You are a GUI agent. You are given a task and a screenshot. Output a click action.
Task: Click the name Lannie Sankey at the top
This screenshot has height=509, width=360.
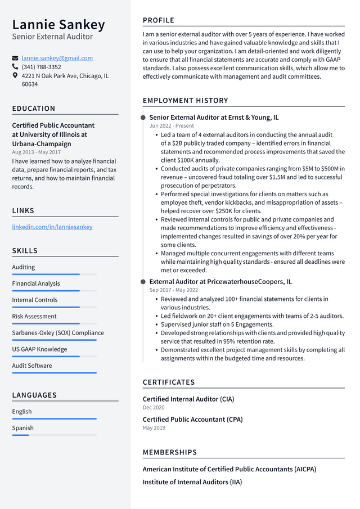(x=58, y=25)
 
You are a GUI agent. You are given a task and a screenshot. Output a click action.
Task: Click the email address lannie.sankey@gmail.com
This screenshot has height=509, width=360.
(x=57, y=58)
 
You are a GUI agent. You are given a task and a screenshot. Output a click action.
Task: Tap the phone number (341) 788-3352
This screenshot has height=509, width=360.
(x=41, y=67)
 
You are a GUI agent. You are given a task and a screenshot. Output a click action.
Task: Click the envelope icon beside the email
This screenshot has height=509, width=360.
(x=15, y=58)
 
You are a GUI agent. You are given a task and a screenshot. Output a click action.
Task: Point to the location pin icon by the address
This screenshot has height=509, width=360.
(x=15, y=75)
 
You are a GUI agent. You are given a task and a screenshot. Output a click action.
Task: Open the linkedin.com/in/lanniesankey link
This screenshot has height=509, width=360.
(x=52, y=227)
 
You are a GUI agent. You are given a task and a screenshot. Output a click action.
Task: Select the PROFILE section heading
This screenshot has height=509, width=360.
(x=159, y=20)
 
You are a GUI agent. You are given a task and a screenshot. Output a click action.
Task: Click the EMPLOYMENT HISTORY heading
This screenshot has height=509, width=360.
(x=185, y=101)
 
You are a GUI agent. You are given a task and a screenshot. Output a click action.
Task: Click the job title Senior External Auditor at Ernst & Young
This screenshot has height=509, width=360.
(x=214, y=118)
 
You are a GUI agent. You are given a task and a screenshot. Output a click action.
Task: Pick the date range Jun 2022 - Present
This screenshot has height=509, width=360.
(x=172, y=126)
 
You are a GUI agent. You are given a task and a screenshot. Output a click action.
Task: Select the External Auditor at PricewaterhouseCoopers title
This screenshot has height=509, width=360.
(x=220, y=282)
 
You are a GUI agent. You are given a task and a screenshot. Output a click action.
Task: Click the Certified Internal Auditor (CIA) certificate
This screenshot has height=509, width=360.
(x=188, y=399)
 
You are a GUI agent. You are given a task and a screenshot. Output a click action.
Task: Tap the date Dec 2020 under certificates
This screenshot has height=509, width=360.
(x=154, y=407)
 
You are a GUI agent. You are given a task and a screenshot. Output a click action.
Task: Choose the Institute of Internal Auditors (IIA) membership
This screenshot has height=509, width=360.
(x=192, y=482)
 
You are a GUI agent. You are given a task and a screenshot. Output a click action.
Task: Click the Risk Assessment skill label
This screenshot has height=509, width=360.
(x=34, y=316)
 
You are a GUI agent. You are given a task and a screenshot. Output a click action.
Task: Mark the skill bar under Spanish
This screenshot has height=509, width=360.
(x=54, y=435)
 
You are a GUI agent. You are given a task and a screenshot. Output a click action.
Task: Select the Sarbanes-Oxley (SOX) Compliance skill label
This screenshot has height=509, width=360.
(x=58, y=332)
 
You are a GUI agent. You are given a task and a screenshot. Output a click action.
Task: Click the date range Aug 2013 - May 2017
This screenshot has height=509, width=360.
(x=37, y=152)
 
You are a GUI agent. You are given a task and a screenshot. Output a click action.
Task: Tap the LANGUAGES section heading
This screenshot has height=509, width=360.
(x=34, y=395)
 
